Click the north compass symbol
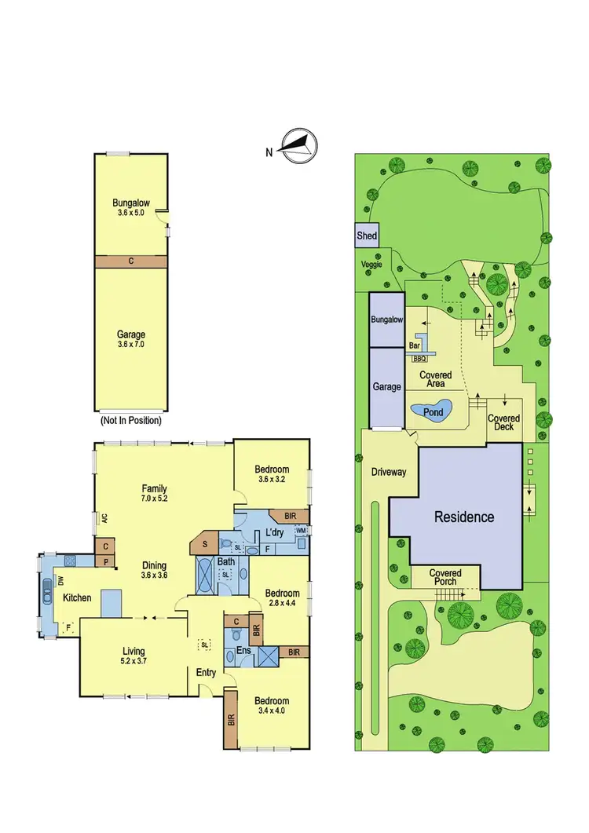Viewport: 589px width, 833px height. (298, 147)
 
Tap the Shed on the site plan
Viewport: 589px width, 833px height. (367, 236)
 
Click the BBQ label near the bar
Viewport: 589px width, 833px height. (419, 358)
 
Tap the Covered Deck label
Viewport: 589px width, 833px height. (503, 422)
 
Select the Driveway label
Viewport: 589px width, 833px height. (389, 472)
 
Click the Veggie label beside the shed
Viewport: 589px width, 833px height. (371, 265)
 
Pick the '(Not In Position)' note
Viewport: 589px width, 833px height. (131, 421)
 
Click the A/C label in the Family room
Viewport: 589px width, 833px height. (103, 518)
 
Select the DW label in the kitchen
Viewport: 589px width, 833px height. (60, 580)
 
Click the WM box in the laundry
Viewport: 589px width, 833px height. (300, 532)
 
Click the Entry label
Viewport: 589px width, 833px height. (206, 673)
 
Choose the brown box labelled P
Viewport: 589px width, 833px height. (104, 561)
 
